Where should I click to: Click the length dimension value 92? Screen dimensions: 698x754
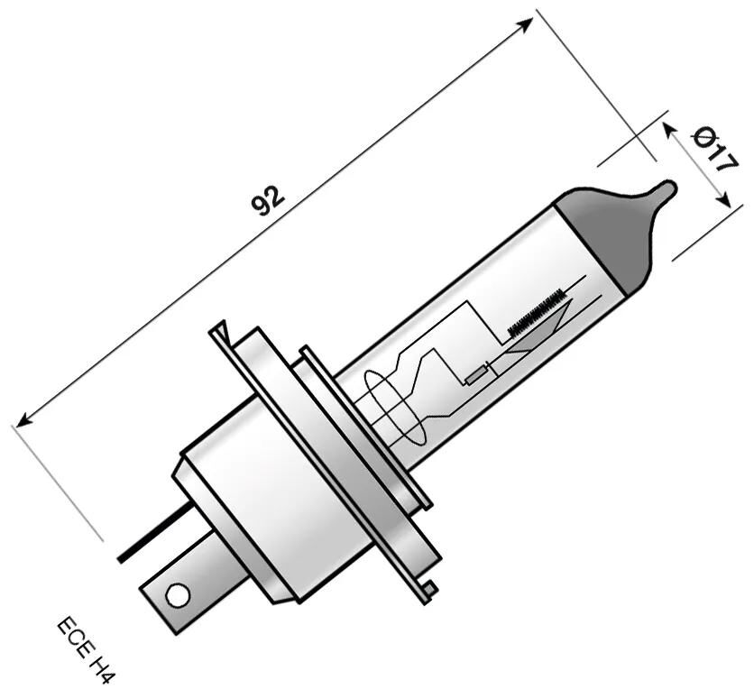(268, 201)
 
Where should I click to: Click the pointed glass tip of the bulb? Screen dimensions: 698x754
(666, 190)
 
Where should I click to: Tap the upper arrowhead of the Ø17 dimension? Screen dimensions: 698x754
(669, 130)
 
